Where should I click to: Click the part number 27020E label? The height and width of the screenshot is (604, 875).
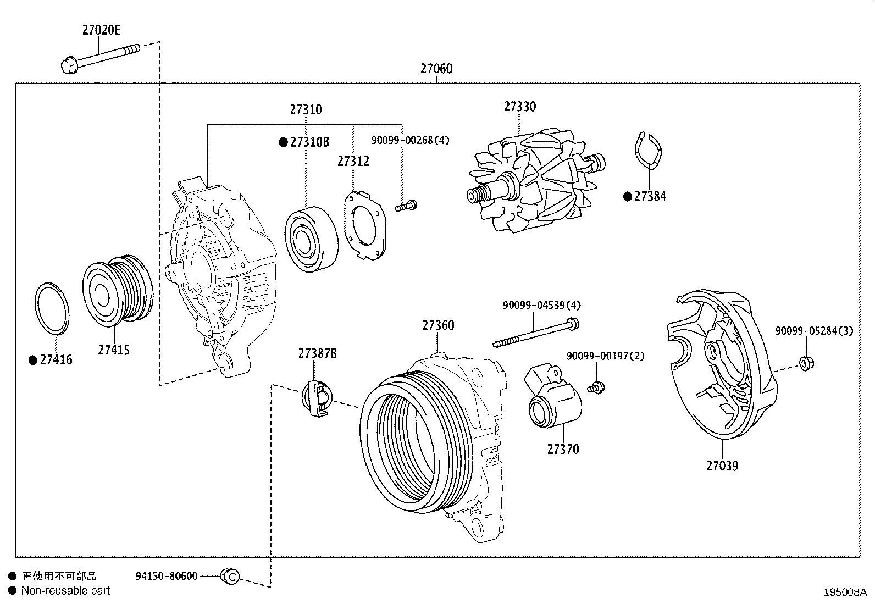coord(101,30)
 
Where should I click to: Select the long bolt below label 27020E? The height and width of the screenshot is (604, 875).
coord(102,57)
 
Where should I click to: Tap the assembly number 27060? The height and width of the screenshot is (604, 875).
coord(436,69)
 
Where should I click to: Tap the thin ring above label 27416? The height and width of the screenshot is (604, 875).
coord(53,309)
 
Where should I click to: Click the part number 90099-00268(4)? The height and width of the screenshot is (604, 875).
coord(410,140)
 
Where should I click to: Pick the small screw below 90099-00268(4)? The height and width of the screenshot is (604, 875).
coord(406,207)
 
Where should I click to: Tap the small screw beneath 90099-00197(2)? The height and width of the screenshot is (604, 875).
coord(595,387)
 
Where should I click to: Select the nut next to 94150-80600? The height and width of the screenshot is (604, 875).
coord(230,577)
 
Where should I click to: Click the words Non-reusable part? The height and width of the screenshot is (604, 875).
coord(65,591)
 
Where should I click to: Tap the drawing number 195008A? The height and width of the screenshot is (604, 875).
coord(845,592)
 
